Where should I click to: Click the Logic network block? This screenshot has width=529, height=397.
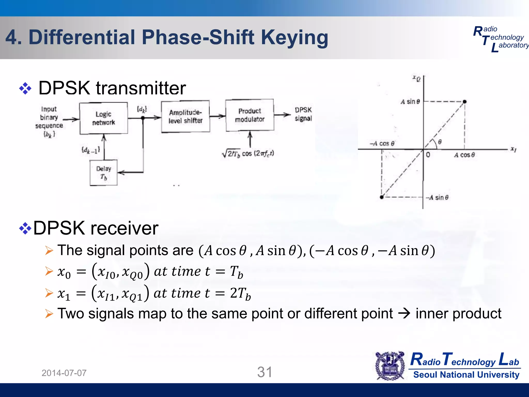click(104, 118)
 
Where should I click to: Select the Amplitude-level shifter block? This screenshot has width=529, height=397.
click(185, 116)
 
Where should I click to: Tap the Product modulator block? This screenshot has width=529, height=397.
click(250, 115)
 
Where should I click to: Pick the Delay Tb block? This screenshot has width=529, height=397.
click(104, 172)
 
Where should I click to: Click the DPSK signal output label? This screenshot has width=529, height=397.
click(303, 114)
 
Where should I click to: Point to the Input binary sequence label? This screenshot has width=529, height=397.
click(49, 121)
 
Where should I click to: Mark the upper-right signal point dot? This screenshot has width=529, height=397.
click(464, 102)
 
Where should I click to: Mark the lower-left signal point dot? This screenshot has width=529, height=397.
click(382, 197)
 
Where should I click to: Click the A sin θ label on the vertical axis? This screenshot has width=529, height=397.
click(410, 102)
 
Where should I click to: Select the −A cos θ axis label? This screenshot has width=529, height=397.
click(382, 143)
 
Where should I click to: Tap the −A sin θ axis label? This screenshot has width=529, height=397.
click(437, 197)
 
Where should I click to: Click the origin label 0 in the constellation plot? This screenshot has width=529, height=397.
click(428, 155)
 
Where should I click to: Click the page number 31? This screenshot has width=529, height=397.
click(265, 372)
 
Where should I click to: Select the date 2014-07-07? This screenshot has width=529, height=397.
click(64, 373)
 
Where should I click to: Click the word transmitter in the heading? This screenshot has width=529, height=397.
click(141, 88)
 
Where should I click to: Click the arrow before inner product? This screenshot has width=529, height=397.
click(404, 314)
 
